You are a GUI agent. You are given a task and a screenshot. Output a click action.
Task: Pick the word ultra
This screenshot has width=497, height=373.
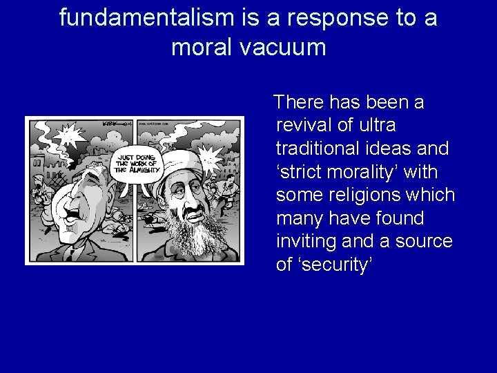pyautogui.click(x=377, y=126)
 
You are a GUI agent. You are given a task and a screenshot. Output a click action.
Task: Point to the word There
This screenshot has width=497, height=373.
pyautogui.click(x=300, y=102)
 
